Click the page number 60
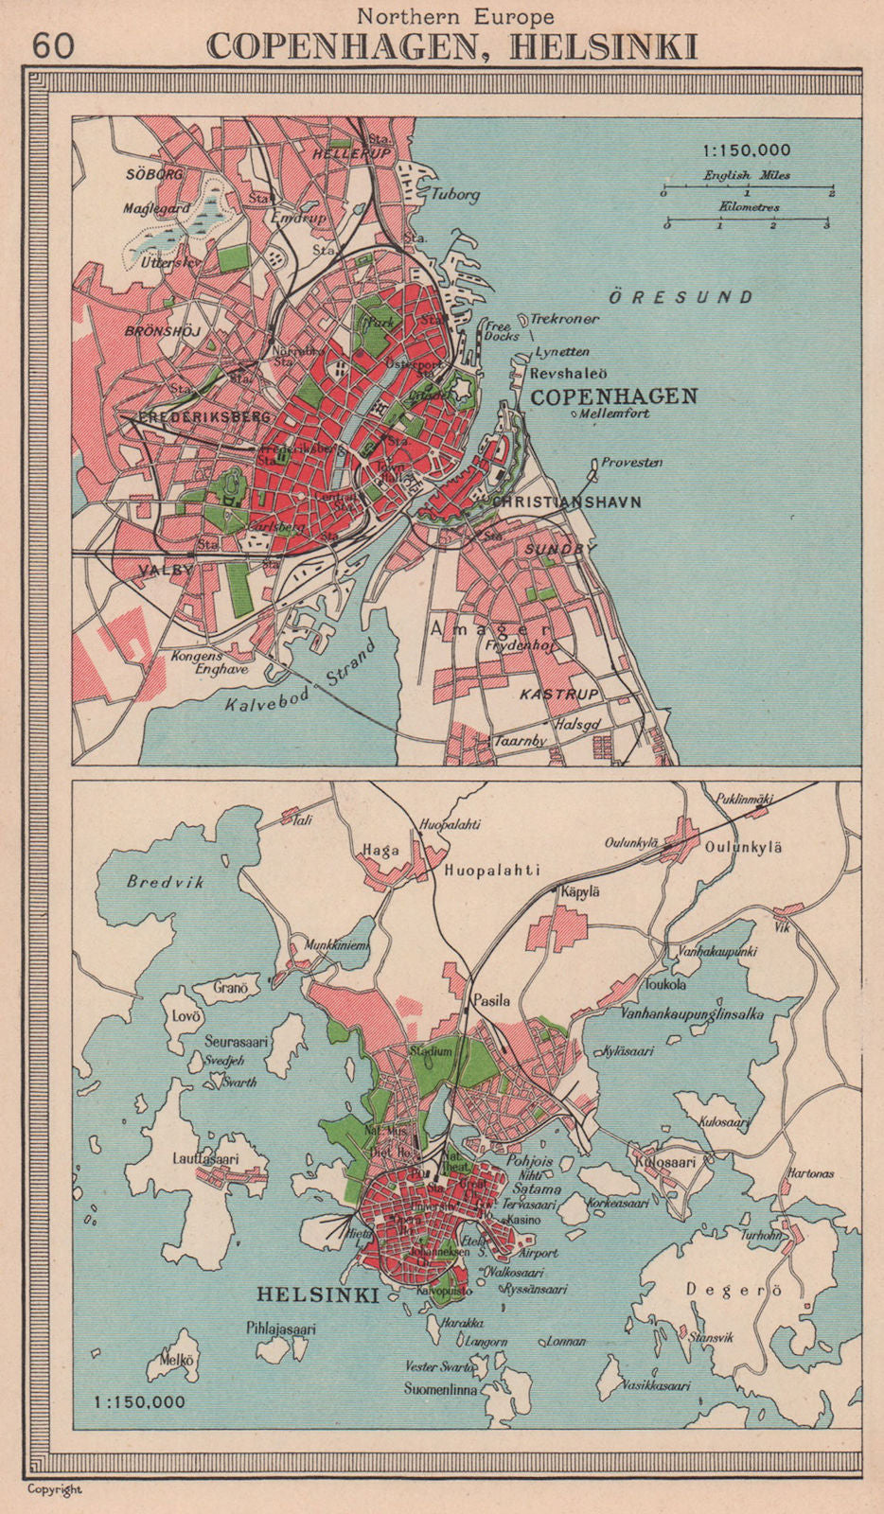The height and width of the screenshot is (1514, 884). click(52, 44)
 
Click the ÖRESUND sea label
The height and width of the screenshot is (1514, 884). click(680, 297)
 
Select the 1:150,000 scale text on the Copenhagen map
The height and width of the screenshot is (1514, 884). click(746, 150)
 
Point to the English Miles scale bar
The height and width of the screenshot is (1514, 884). click(747, 190)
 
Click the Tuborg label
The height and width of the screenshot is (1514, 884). click(455, 195)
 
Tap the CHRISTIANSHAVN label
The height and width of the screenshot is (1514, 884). click(566, 502)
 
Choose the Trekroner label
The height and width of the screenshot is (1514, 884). click(564, 319)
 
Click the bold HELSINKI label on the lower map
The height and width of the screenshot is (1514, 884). click(318, 1294)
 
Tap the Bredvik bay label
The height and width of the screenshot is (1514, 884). click(166, 882)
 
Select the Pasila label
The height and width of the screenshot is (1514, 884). click(491, 1000)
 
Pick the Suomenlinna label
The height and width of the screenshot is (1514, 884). click(440, 1390)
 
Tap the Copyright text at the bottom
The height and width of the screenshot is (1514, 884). click(55, 1489)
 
